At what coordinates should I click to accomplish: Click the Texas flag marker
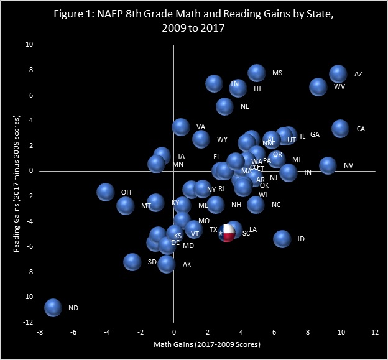[x=228, y=233]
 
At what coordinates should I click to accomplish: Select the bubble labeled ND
[x=53, y=307]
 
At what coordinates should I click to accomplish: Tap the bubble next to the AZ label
[x=338, y=74]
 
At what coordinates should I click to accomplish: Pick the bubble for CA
[x=340, y=129]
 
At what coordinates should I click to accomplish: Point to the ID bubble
[x=282, y=239]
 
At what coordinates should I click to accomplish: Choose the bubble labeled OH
[x=106, y=192]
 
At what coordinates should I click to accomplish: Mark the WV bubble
[x=318, y=87]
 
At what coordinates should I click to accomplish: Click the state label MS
[x=277, y=73]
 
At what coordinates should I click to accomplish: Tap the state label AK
[x=187, y=264]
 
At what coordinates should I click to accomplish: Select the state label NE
[x=244, y=106]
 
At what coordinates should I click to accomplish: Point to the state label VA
[x=200, y=127]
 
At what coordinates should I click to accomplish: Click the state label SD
[x=152, y=262]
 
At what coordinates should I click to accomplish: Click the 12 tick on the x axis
[x=375, y=333]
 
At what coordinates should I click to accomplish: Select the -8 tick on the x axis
[x=40, y=333]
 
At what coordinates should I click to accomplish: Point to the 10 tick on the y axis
[x=29, y=44]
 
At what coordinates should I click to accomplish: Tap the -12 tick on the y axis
[x=27, y=322]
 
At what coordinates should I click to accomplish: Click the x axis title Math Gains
[x=207, y=344]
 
